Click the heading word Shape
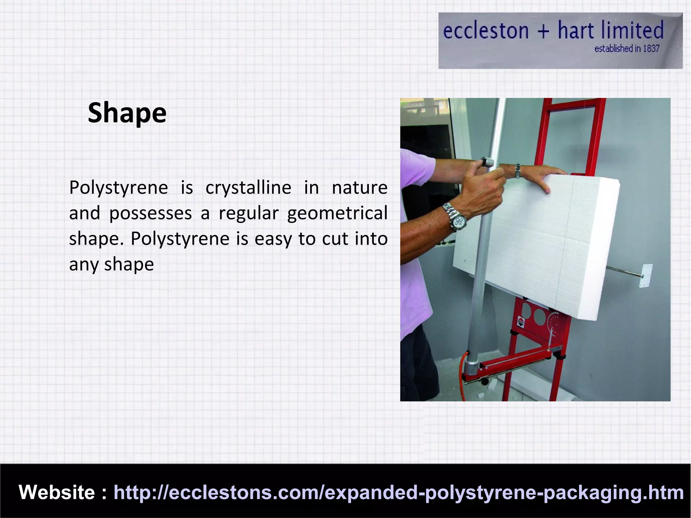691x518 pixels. (127, 113)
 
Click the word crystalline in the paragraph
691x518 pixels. (248, 188)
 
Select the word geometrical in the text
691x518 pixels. (337, 213)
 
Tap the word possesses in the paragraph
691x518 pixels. (150, 213)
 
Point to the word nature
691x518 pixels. (359, 188)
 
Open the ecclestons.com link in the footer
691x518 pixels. (398, 492)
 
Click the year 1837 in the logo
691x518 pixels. (651, 49)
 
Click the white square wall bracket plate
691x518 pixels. (645, 276)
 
